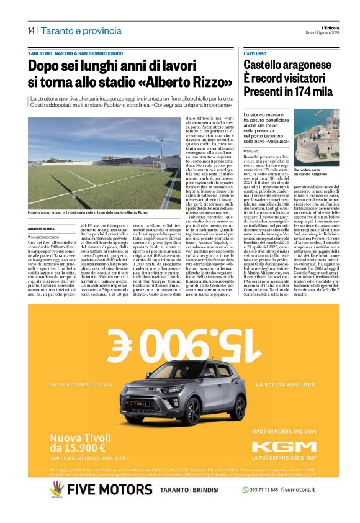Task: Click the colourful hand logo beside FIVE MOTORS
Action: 56,489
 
